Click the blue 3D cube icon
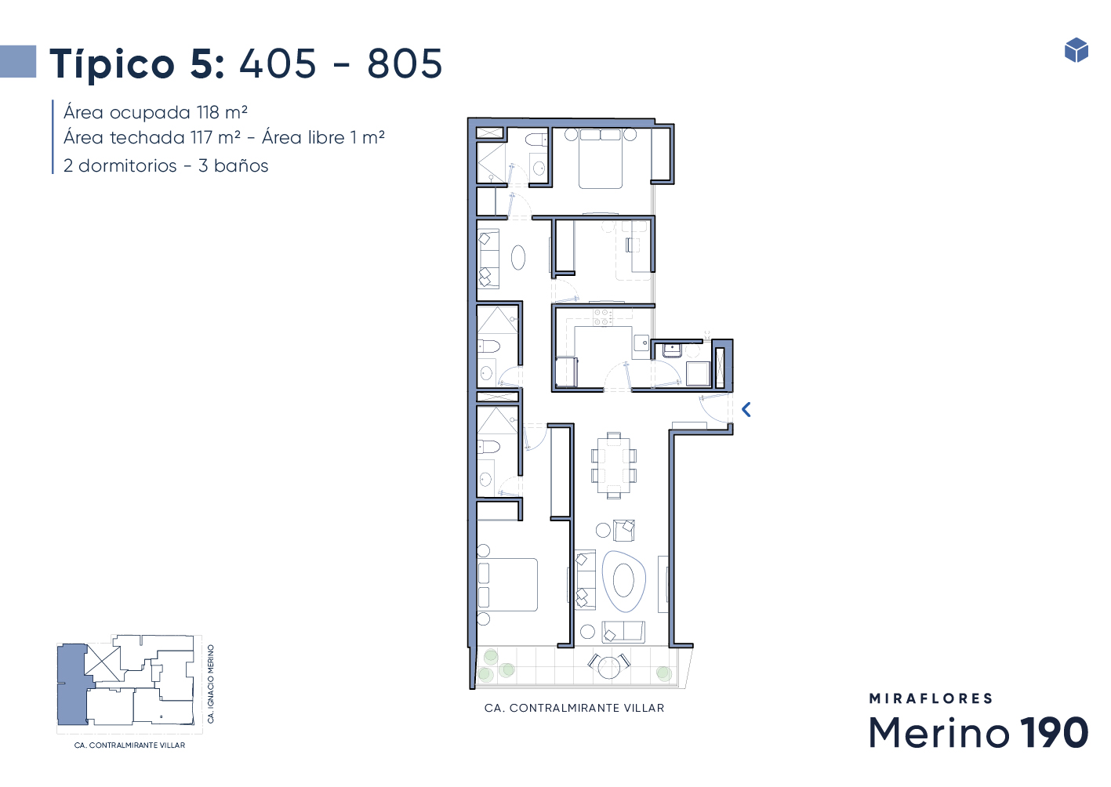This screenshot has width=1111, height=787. tap(1076, 50)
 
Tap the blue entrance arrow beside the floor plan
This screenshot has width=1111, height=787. tap(746, 410)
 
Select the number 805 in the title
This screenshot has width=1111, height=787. tap(405, 63)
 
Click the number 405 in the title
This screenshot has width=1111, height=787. tap(278, 63)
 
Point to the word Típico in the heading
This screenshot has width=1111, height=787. tap(112, 64)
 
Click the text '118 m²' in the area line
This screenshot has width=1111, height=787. tap(222, 113)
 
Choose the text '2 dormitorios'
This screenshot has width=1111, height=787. tap(120, 165)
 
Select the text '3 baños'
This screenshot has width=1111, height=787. tap(233, 165)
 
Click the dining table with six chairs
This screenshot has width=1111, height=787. tap(614, 465)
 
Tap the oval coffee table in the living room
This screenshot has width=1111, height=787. tap(623, 581)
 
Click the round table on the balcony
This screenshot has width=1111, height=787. tap(609, 668)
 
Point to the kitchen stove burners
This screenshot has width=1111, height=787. tap(603, 317)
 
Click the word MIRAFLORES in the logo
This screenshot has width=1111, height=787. tap(931, 698)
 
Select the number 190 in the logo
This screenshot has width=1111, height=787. tap(1055, 732)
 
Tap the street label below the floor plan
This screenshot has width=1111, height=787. tap(575, 708)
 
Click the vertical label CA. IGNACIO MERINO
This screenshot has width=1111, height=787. tap(210, 684)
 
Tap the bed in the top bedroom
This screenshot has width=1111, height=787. tap(600, 158)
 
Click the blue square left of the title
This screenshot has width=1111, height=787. tap(18, 61)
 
